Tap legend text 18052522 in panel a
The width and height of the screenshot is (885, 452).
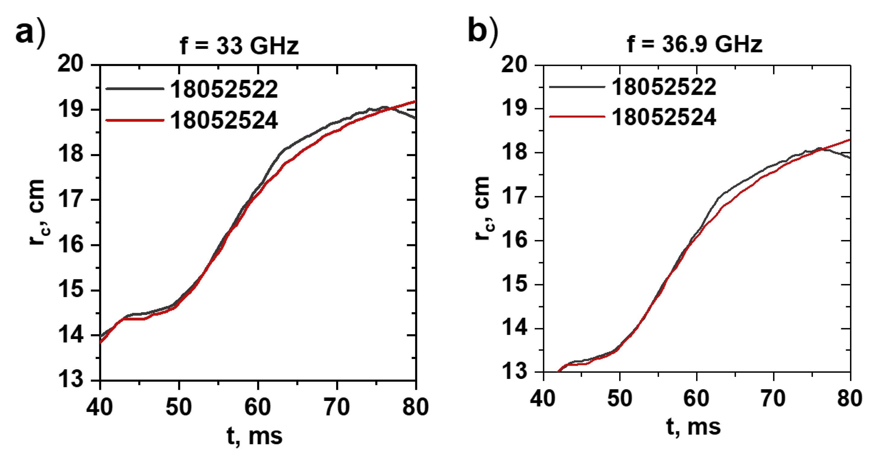224,89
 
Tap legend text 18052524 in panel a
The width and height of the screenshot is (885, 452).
224,120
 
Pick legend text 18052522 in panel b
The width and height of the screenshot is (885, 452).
664,87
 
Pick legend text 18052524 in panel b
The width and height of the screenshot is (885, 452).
664,117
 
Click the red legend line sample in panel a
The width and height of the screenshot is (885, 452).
135,120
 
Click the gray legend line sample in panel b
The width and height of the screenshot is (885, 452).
577,87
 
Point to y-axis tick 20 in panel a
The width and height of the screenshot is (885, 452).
70,64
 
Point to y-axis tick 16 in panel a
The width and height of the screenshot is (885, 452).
70,245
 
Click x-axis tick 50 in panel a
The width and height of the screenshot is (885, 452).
179,407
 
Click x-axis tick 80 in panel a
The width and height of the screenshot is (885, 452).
416,407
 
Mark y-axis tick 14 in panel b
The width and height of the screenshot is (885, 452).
514,328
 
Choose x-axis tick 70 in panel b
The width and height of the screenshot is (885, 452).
773,399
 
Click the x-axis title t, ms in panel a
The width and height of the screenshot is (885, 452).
255,436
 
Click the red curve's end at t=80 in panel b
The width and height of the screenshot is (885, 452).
850,139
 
